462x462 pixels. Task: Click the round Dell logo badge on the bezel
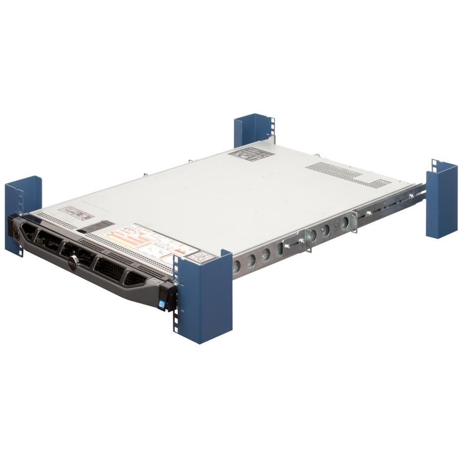pyautogui.click(x=71, y=260)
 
